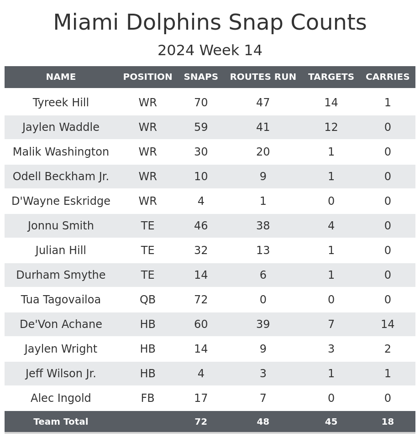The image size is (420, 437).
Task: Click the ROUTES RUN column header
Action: click(x=263, y=77)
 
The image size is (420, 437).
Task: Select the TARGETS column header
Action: click(x=331, y=77)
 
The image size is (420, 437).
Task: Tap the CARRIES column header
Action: click(x=388, y=77)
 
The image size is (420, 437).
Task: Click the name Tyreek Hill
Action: click(x=61, y=103)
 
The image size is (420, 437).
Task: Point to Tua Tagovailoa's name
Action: click(x=61, y=300)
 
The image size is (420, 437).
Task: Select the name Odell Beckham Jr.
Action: click(x=61, y=177)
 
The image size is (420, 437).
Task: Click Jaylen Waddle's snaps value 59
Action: click(x=201, y=127)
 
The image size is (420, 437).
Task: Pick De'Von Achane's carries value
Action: click(x=388, y=324)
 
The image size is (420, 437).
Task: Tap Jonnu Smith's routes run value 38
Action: click(x=263, y=226)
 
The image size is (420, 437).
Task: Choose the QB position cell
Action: click(x=147, y=300)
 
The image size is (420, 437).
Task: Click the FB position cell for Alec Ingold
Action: click(x=147, y=398)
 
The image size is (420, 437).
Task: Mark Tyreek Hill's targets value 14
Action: click(x=331, y=103)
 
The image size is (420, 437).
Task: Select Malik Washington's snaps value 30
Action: click(x=201, y=152)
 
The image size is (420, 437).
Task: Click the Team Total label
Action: click(x=61, y=422)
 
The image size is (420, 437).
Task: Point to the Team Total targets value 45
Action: click(x=331, y=422)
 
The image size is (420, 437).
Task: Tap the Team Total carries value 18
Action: click(x=388, y=422)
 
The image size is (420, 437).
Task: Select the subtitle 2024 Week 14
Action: click(x=210, y=51)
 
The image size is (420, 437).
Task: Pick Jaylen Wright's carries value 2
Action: click(x=388, y=349)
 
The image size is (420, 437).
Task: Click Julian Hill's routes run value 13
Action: click(x=263, y=250)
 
